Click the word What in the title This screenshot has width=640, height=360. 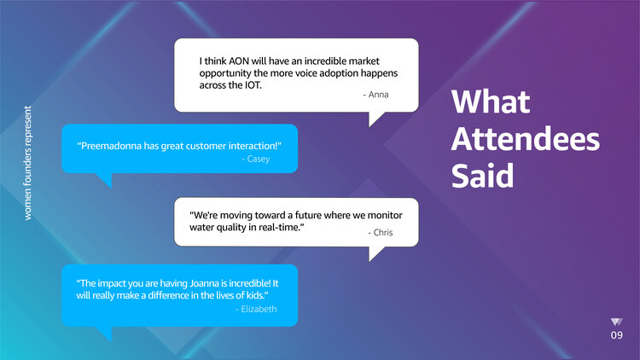click(x=490, y=102)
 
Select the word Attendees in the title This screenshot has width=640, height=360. click(x=526, y=139)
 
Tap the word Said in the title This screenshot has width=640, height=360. click(x=482, y=176)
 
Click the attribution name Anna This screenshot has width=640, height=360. click(x=378, y=95)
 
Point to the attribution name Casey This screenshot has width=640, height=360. click(x=259, y=159)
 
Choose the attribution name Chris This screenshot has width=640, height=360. click(x=383, y=232)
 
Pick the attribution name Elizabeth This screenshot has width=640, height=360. click(x=259, y=309)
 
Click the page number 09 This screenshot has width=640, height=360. click(x=617, y=335)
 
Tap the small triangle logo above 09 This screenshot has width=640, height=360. click(x=616, y=322)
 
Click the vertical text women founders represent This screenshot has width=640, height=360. click(x=28, y=163)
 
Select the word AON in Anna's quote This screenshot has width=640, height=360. click(x=238, y=61)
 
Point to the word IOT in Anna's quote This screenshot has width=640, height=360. click(x=253, y=85)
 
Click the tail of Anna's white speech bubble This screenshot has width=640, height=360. click(x=375, y=119)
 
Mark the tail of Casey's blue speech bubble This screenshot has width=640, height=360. click(x=104, y=180)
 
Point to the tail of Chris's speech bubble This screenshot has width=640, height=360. click(x=375, y=253)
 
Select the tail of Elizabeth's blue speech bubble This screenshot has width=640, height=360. click(x=104, y=333)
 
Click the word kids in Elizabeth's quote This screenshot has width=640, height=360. click(x=256, y=295)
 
